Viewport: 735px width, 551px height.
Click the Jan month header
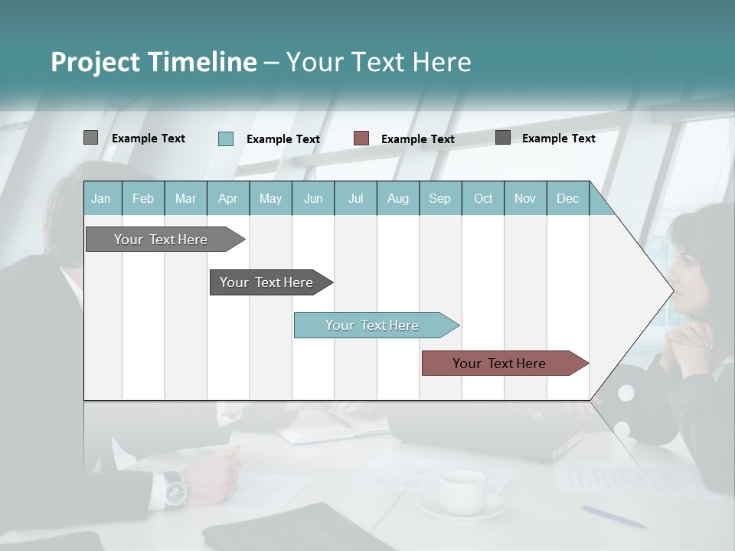(x=101, y=198)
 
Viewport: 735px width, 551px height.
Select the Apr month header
(x=227, y=198)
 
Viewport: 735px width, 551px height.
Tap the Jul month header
(x=355, y=198)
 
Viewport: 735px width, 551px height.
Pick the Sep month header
(x=439, y=198)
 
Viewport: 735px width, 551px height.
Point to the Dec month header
(x=567, y=198)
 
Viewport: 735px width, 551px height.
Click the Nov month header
(x=524, y=198)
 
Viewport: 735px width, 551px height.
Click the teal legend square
(x=226, y=139)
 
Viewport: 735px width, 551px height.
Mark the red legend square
(x=361, y=138)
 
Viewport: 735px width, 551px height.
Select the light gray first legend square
(x=90, y=138)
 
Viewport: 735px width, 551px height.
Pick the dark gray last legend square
(x=503, y=138)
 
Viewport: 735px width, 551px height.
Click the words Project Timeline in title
(x=153, y=61)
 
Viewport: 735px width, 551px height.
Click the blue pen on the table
(x=612, y=517)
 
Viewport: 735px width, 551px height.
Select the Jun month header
(x=313, y=198)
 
